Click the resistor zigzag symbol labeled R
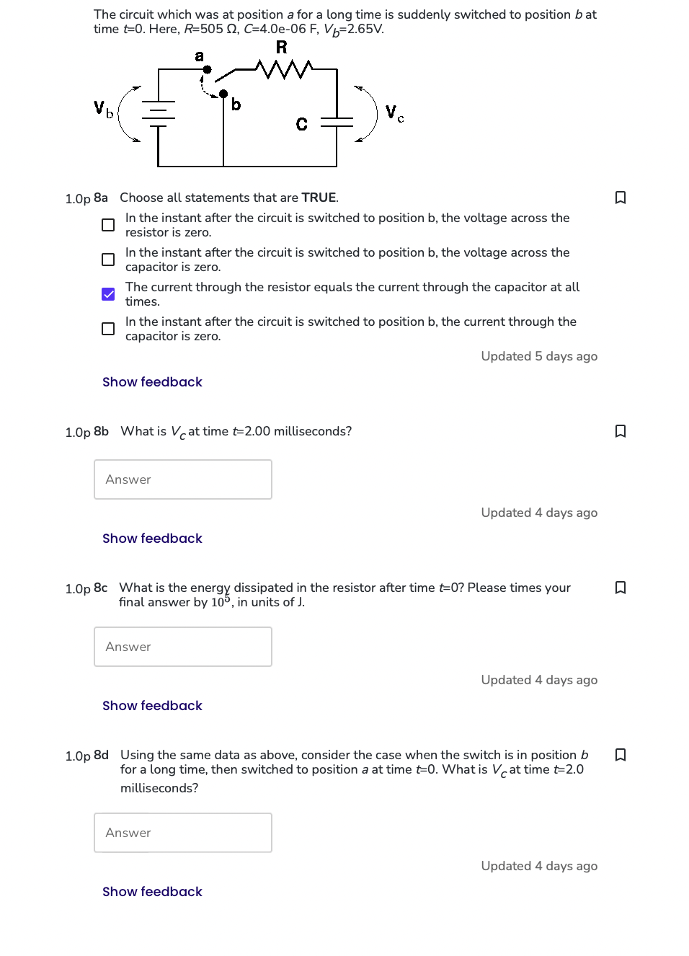point(285,69)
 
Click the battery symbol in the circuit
point(158,114)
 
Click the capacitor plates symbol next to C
point(337,122)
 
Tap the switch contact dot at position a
point(207,70)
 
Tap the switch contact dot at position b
point(223,94)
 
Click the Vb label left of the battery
point(103,109)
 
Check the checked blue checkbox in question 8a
point(108,294)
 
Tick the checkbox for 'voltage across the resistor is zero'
point(108,225)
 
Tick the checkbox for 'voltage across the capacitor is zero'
point(108,260)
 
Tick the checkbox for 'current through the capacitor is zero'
point(108,329)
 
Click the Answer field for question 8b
point(183,479)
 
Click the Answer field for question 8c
point(183,647)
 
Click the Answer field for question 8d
point(183,833)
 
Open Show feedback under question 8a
point(152,382)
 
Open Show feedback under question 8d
point(152,892)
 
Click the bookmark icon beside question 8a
point(620,198)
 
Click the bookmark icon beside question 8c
point(620,588)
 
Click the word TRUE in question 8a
point(319,198)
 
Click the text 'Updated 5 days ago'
point(539,356)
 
